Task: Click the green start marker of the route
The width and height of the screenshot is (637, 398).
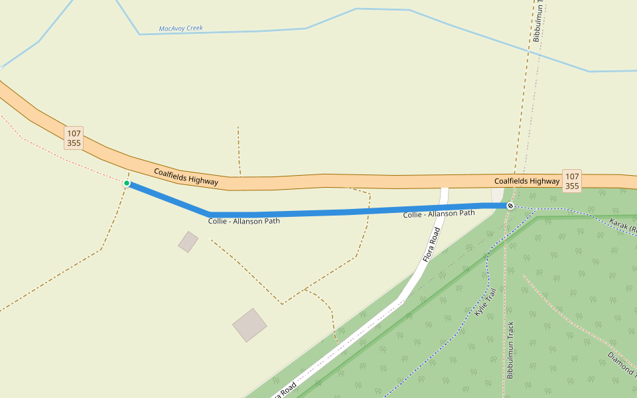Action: [x=127, y=183]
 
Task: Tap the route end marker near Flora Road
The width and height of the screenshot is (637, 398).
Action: [x=510, y=206]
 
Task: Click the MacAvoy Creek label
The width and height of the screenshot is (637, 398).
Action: [x=180, y=29]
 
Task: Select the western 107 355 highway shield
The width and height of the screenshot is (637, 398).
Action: [x=74, y=138]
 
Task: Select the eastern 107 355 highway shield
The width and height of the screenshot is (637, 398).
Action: [x=572, y=180]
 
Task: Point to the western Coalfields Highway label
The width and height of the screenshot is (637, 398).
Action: [x=186, y=176]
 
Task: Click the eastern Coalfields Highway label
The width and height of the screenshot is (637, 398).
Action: [x=527, y=181]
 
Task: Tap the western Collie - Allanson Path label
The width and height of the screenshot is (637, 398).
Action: [x=244, y=221]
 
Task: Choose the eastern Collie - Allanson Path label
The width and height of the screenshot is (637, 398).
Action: [x=439, y=214]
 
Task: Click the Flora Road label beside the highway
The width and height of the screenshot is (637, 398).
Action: [x=432, y=245]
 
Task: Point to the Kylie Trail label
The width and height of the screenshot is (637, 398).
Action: [x=485, y=302]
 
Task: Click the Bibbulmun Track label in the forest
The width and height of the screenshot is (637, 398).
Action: [x=510, y=350]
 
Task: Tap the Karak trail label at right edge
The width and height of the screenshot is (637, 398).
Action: [x=624, y=227]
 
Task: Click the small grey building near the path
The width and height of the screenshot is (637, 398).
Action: [x=188, y=241]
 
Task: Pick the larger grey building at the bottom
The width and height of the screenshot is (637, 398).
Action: [x=249, y=325]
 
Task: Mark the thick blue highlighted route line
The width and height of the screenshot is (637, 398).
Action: [x=345, y=212]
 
